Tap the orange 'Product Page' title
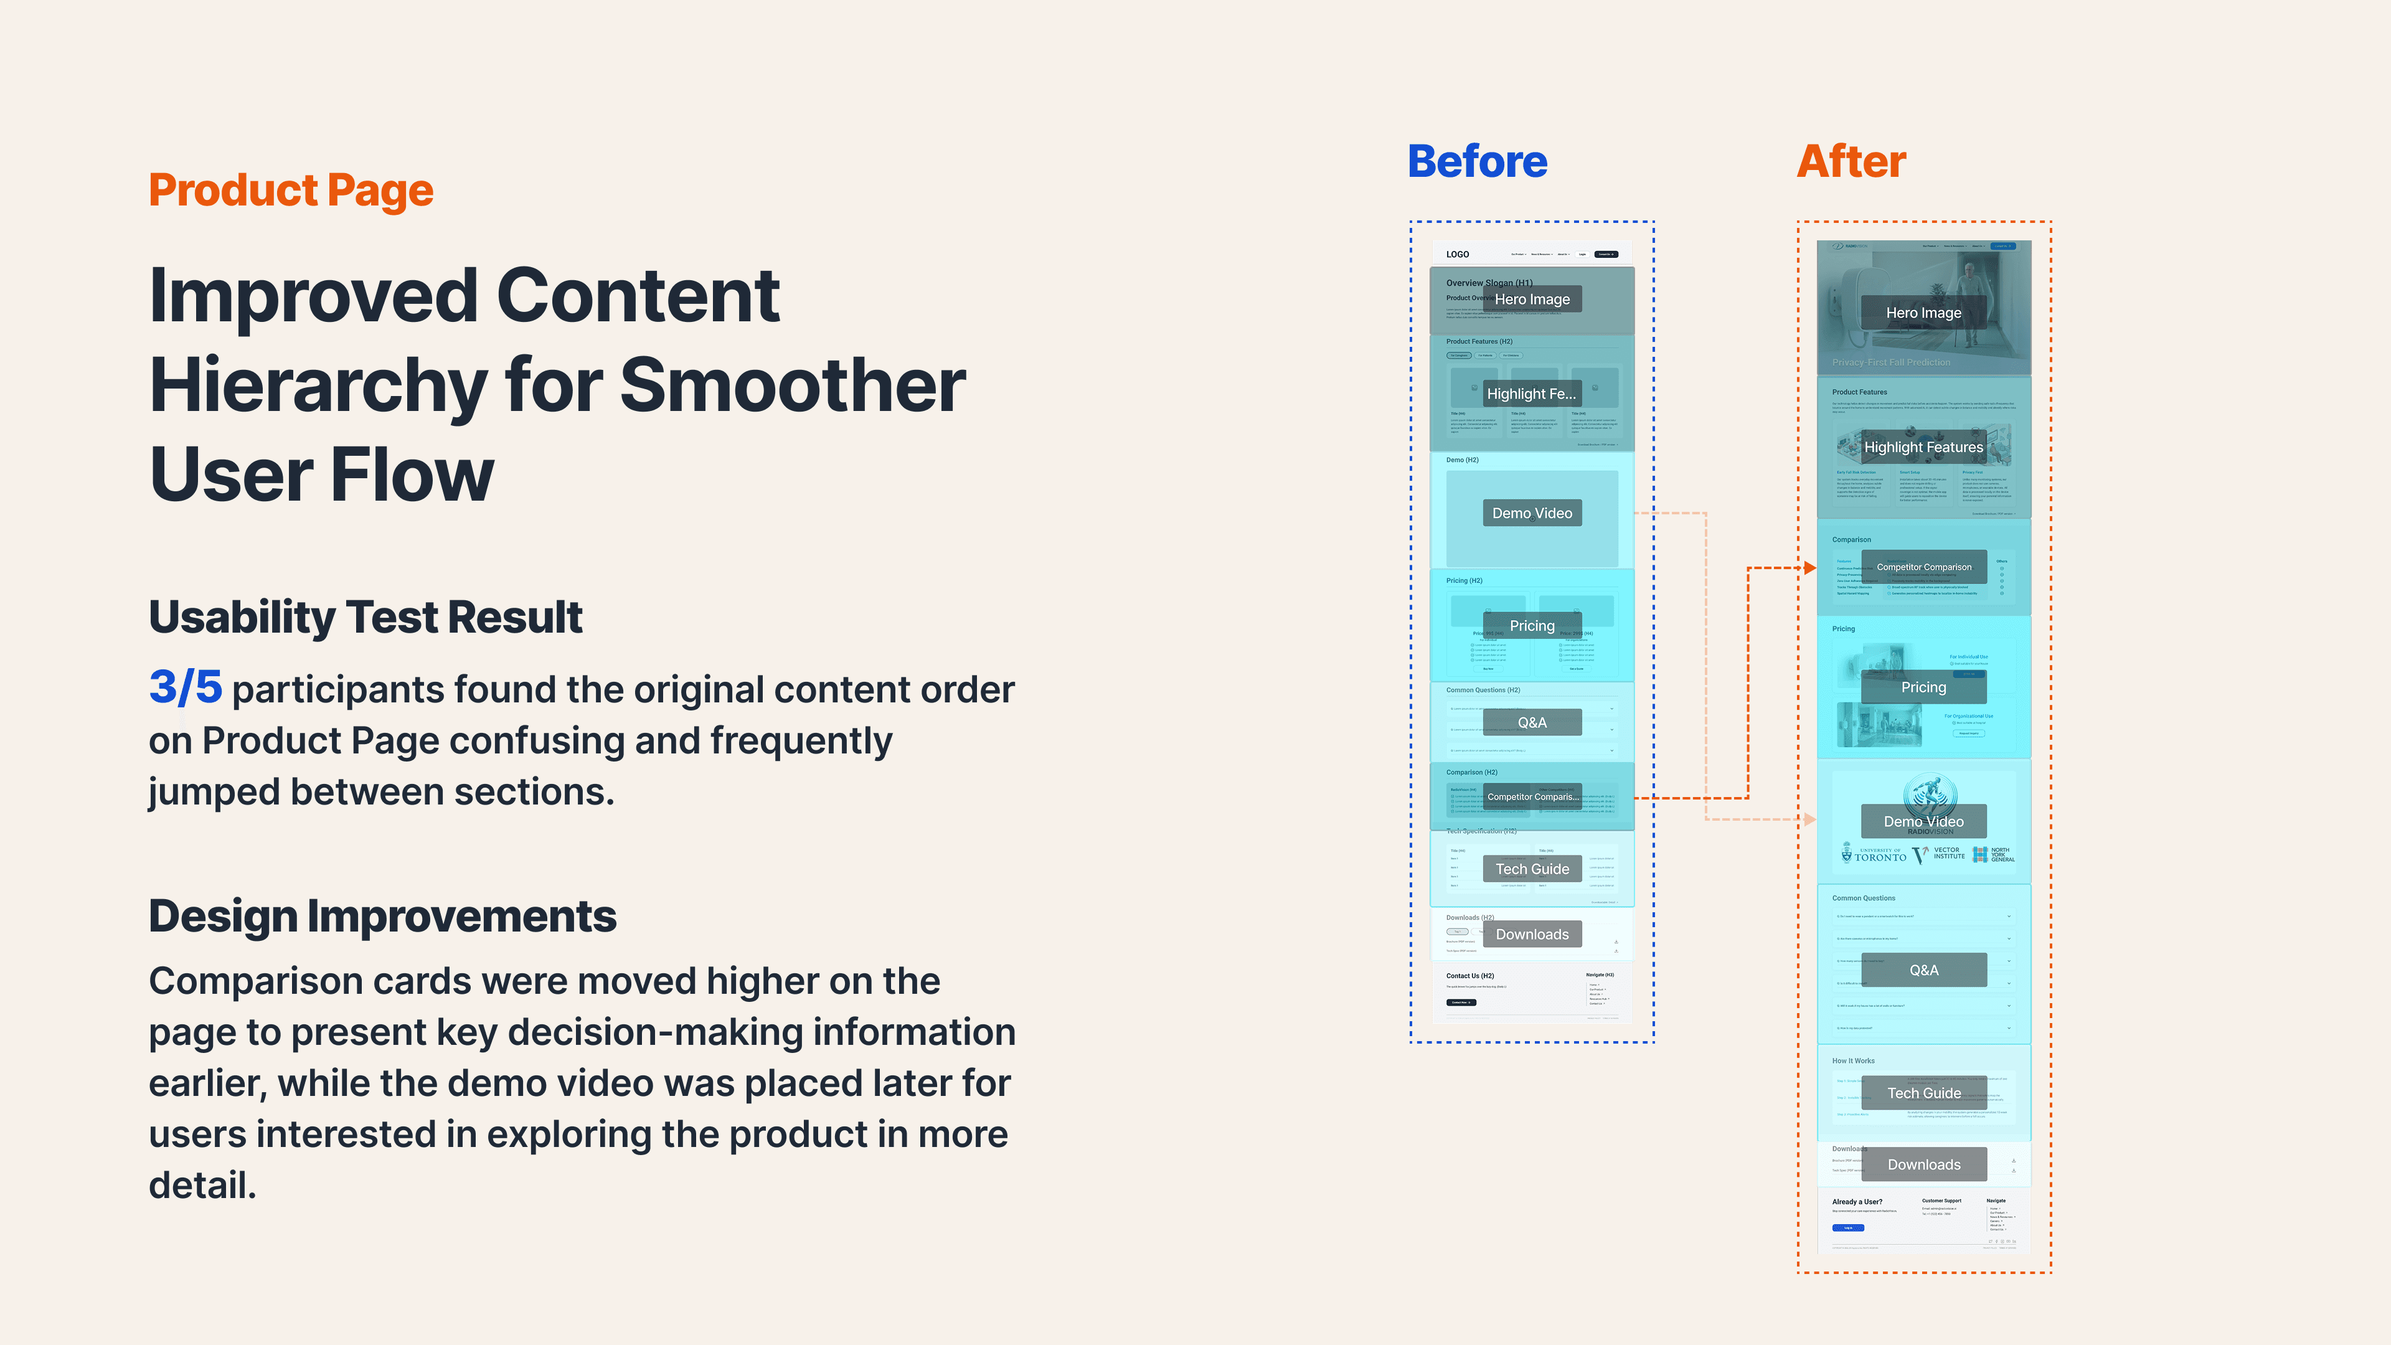pos(291,191)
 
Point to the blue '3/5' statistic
pos(186,688)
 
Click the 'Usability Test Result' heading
pos(365,617)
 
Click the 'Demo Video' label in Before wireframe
pos(1532,513)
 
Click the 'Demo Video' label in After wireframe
pos(1923,821)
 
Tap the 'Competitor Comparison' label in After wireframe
pos(1923,567)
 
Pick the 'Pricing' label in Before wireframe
pos(1532,626)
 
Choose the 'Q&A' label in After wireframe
pos(1923,970)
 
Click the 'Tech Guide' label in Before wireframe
pos(1532,869)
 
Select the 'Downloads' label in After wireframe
pos(1923,1165)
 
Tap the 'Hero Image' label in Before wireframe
pos(1532,299)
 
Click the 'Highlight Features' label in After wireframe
pos(1923,448)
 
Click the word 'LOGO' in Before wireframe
pos(1457,254)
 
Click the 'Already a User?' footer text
pos(1856,1202)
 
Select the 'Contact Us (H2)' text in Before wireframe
pos(1469,976)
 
